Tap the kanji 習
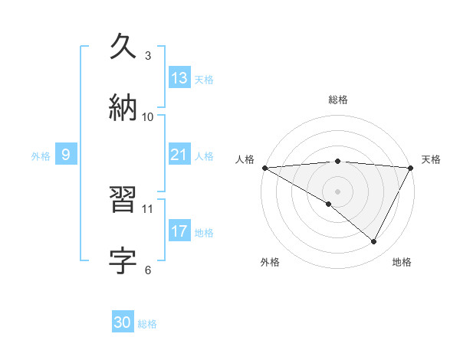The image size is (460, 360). click(124, 201)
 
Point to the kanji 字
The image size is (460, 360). click(124, 260)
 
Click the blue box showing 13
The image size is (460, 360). click(179, 78)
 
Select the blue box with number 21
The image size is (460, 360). click(179, 155)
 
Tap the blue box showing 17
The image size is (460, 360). click(179, 231)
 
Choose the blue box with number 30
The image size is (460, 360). click(123, 322)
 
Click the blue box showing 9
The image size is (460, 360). click(66, 155)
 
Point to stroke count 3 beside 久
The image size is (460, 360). click(148, 56)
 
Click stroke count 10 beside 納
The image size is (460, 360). click(148, 116)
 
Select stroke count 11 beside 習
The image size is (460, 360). click(148, 208)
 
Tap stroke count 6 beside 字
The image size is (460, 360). click(148, 270)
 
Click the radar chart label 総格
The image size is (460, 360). click(337, 100)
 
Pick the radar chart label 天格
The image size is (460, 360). click(431, 159)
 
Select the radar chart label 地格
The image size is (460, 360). click(402, 262)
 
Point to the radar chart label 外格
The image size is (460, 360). click(270, 262)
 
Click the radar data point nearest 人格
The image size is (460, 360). click(264, 168)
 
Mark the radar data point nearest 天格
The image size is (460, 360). click(410, 168)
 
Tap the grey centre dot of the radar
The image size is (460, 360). click(337, 191)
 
